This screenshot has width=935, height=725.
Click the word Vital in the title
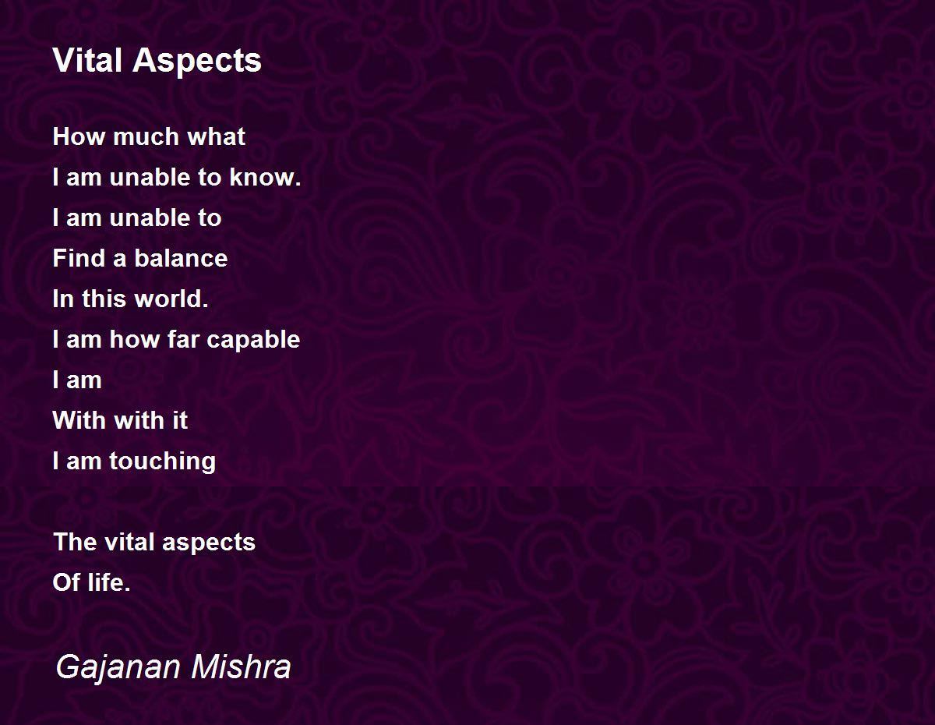[87, 60]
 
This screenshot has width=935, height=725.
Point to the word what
[217, 136]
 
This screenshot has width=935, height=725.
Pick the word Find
[79, 258]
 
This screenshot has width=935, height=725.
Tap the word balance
[181, 258]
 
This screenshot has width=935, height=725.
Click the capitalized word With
[79, 420]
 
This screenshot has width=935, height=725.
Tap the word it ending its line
[180, 420]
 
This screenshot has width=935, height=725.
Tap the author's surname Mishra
[242, 667]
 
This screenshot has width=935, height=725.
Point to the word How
[79, 136]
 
